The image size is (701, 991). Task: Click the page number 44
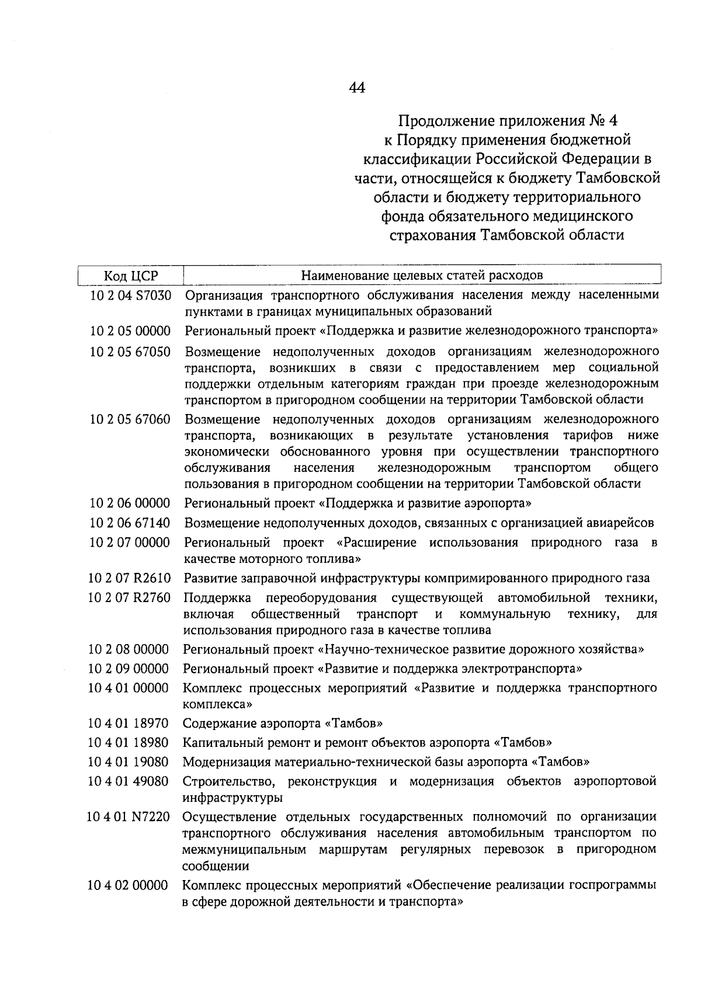(357, 88)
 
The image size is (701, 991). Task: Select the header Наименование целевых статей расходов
(422, 274)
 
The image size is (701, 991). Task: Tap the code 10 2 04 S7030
(131, 295)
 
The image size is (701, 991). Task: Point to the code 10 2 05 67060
(131, 419)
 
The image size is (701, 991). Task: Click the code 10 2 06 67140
(130, 523)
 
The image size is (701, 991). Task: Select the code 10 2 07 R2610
(130, 578)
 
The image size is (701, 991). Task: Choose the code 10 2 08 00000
(129, 649)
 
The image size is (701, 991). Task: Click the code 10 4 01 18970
(129, 724)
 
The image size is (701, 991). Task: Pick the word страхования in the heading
(433, 235)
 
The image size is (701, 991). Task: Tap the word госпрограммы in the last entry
(616, 885)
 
